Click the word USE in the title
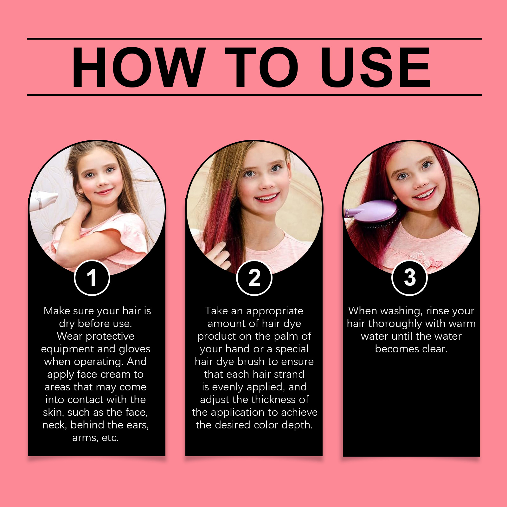[375, 67]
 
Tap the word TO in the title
[261, 67]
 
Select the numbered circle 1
[92, 278]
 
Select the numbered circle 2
[254, 278]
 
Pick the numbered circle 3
[410, 278]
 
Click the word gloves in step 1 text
[135, 349]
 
